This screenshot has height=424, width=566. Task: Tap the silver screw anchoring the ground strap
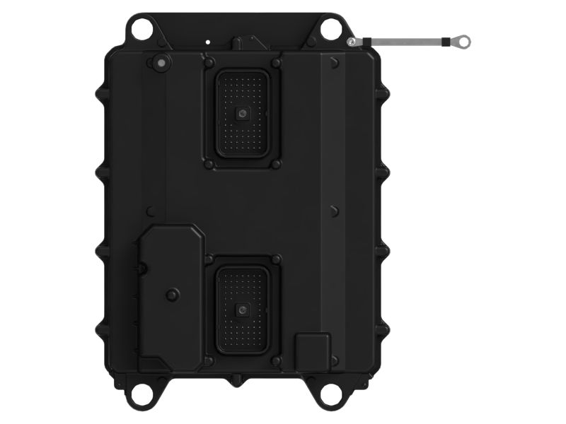352,43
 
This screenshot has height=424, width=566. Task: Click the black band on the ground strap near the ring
444,42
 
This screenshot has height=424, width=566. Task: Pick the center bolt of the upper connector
243,113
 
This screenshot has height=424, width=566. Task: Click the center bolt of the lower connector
243,309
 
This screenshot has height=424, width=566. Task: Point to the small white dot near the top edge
207,42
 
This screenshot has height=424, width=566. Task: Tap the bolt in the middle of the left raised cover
172,295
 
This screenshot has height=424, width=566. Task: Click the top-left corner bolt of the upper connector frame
209,63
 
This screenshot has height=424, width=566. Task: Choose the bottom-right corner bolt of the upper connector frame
276,164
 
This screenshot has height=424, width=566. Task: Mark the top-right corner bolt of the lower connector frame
276,259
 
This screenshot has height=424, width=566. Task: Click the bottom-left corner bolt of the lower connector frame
209,360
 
